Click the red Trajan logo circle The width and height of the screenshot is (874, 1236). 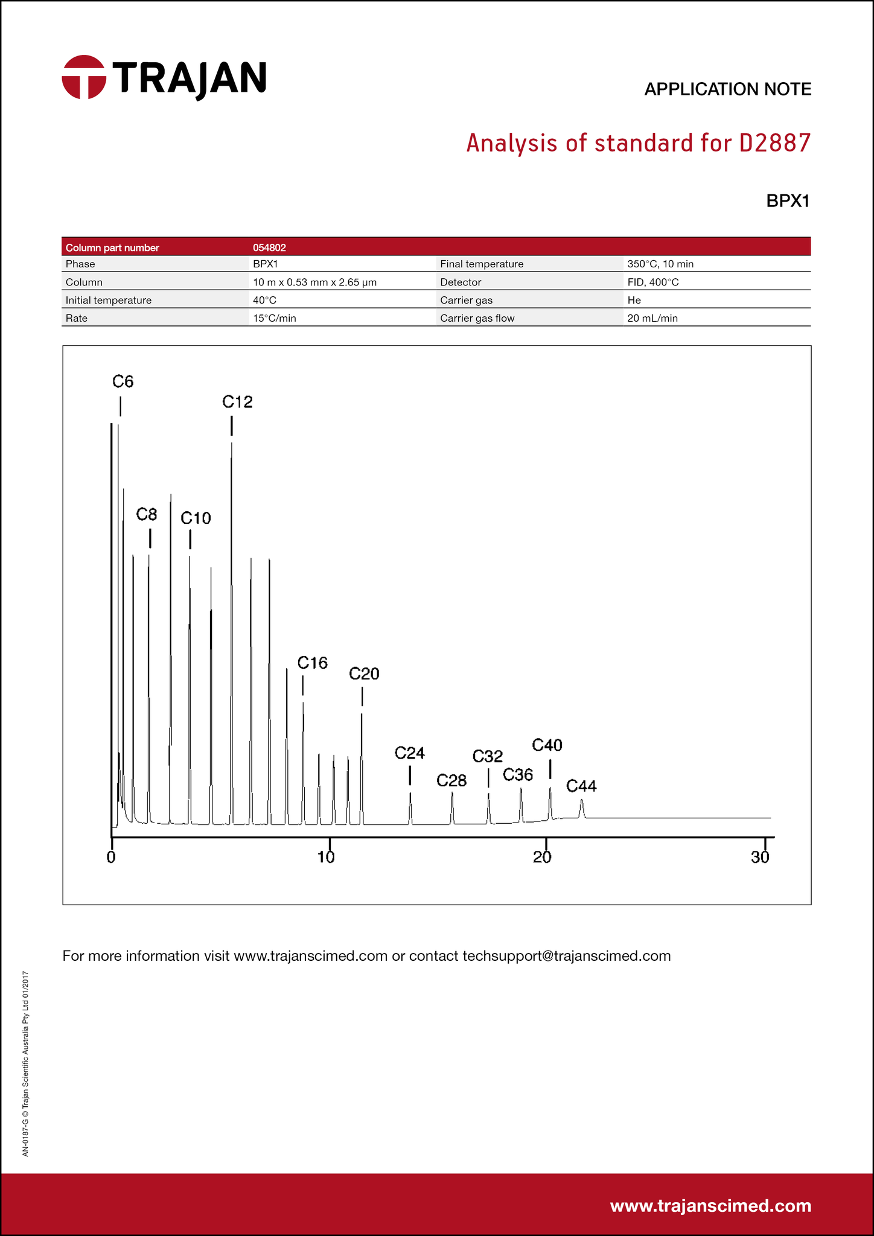coord(84,77)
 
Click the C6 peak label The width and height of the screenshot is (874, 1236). coord(123,381)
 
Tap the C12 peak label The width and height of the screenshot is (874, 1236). coord(237,402)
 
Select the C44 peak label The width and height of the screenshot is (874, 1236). coord(581,786)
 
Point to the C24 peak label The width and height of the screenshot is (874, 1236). coord(410,753)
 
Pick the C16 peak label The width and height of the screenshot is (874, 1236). coord(312,663)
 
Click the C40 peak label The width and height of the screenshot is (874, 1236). coord(547,745)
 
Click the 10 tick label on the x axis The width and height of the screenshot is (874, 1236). coord(327,858)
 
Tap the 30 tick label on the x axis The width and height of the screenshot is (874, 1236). coord(761,858)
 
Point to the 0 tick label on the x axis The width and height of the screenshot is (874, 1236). coord(111,858)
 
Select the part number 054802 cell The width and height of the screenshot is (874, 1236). coord(269,247)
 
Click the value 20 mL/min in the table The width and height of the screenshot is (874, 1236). coord(652,318)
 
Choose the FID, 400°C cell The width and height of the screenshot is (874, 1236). coord(653,282)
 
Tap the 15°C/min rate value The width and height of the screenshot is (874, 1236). coord(275,318)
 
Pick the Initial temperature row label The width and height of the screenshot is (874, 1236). coord(109,300)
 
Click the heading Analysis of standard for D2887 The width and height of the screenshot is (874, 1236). coord(639,144)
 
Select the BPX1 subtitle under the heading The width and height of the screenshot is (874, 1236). coord(787,201)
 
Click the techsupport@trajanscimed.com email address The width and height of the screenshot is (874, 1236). coord(566,956)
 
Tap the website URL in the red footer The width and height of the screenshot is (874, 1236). coord(710,1206)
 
